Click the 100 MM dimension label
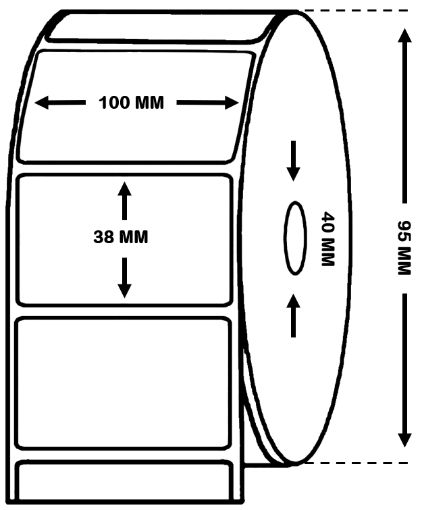click(x=132, y=103)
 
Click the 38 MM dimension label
click(x=121, y=237)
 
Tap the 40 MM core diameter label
click(x=327, y=238)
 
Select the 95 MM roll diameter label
click(x=404, y=248)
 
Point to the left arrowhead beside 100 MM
click(x=42, y=103)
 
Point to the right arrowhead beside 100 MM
click(x=232, y=103)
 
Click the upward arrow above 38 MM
click(x=124, y=201)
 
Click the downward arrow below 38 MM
click(x=124, y=278)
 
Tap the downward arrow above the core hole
click(x=293, y=161)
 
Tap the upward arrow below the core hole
click(x=293, y=315)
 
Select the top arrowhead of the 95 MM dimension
click(x=404, y=35)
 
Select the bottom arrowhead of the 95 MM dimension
click(x=404, y=440)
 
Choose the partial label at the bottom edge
click(x=124, y=481)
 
